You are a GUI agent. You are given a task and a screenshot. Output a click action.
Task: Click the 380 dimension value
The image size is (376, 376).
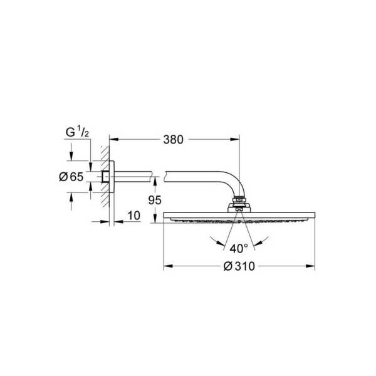click(173, 140)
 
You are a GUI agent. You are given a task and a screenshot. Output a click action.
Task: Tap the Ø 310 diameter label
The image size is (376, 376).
click(239, 266)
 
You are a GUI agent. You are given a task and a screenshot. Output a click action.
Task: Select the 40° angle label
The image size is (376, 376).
click(239, 249)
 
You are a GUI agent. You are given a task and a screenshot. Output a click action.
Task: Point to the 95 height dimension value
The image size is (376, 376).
click(155, 201)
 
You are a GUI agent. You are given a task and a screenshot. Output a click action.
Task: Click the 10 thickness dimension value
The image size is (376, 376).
click(134, 216)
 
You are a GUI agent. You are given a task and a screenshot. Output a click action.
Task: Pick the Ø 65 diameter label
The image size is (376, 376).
click(71, 177)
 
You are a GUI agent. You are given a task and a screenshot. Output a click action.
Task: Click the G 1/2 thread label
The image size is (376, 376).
click(77, 132)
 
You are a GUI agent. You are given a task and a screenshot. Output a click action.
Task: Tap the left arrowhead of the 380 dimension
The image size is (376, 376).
click(114, 139)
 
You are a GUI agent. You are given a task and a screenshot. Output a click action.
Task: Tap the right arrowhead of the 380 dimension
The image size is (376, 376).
click(235, 139)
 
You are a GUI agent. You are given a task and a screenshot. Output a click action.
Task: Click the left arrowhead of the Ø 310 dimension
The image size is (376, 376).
click(169, 266)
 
